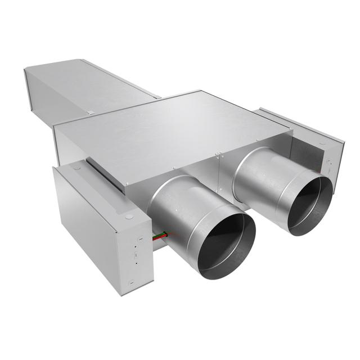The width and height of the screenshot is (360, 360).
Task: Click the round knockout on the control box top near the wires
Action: click(x=129, y=216)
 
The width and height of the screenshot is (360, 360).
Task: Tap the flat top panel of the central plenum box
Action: click(x=169, y=127)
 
